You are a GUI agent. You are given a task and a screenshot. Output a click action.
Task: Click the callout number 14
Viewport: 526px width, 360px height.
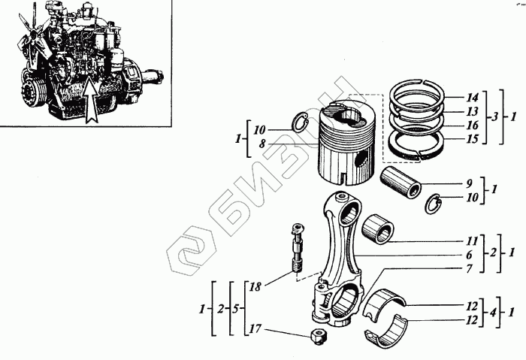tap(472, 98)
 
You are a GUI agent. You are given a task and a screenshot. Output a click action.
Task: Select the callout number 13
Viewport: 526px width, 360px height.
tap(472, 111)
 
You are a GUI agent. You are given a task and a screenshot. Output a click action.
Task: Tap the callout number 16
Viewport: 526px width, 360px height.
tap(472, 126)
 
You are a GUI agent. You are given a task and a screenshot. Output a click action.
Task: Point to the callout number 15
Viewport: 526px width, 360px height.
tap(472, 139)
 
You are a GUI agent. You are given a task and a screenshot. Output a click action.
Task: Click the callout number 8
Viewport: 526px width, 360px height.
tap(262, 144)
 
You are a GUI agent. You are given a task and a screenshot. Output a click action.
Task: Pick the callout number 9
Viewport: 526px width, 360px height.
tap(469, 183)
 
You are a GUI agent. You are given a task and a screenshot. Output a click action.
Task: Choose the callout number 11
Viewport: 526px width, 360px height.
tap(472, 241)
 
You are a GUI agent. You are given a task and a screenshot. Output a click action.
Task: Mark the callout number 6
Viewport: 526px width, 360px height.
tap(469, 255)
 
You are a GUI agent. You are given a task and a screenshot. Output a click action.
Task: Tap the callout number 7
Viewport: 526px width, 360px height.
tap(469, 268)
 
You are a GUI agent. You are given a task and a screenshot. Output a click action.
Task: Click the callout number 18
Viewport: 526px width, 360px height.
tap(255, 287)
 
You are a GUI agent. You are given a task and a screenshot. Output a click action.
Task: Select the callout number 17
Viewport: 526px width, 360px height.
tap(255, 328)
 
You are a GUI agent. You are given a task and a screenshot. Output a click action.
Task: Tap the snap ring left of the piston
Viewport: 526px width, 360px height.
tap(301, 123)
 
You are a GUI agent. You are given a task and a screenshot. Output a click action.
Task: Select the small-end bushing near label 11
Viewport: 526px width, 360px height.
tap(378, 229)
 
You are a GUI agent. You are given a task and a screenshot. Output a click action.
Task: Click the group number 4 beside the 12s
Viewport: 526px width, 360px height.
tap(492, 313)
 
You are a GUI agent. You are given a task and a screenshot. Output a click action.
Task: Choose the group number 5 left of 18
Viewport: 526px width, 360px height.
tap(235, 309)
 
